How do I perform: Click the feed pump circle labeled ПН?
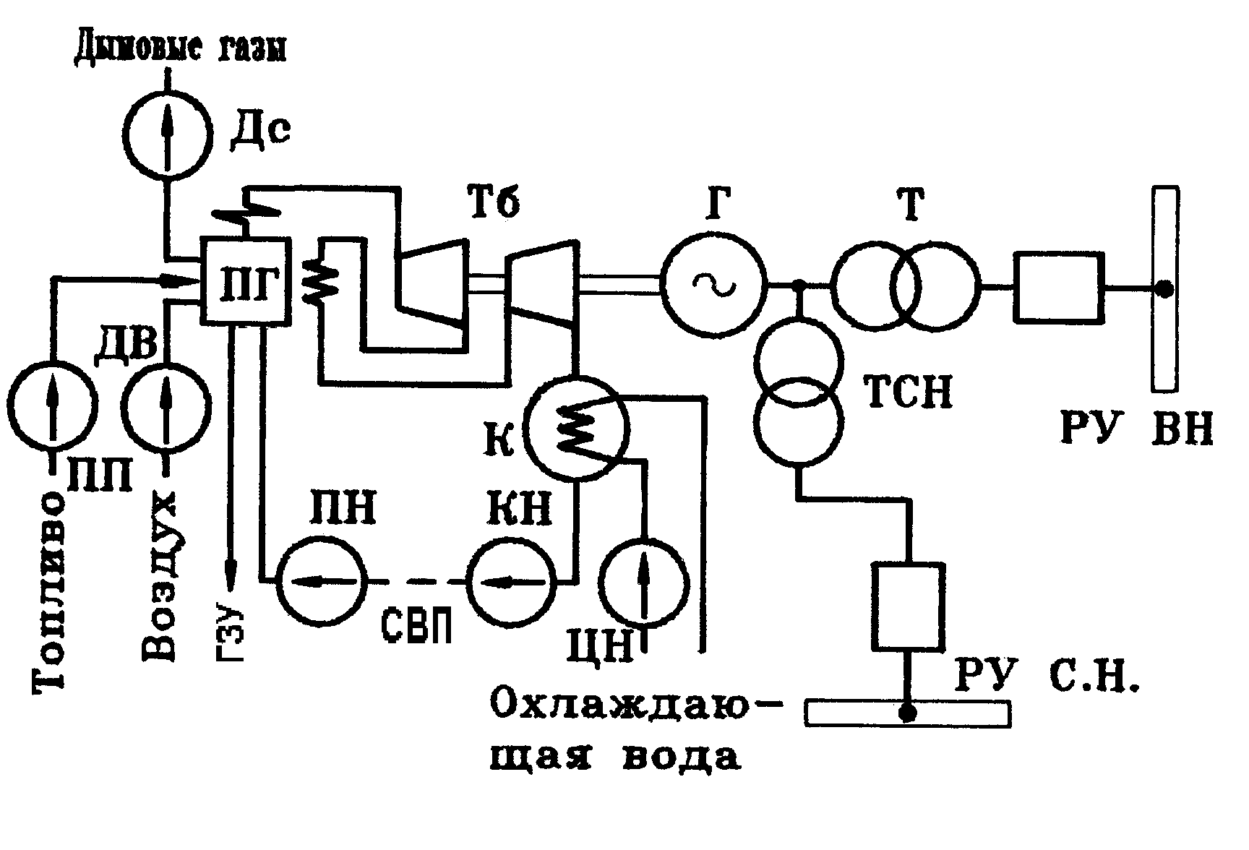(x=321, y=580)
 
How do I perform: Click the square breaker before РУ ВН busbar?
(x=1059, y=287)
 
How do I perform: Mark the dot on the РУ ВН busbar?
(x=1163, y=288)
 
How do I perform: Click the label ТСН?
(x=908, y=391)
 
